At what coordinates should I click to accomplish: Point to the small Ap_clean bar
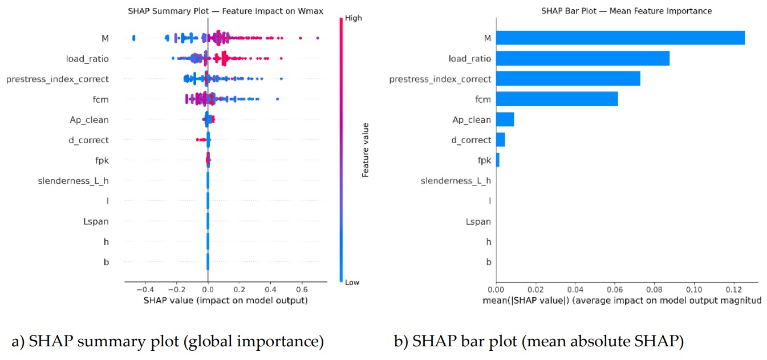(505, 119)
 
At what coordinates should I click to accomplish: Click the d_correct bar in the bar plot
(501, 140)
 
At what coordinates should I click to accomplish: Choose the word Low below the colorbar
(352, 282)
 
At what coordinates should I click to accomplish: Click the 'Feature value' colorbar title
(366, 149)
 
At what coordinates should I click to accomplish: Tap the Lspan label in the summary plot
(96, 221)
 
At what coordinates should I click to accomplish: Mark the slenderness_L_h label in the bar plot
(456, 181)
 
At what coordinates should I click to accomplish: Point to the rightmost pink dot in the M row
(317, 38)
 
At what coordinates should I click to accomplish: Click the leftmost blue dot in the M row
(133, 38)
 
